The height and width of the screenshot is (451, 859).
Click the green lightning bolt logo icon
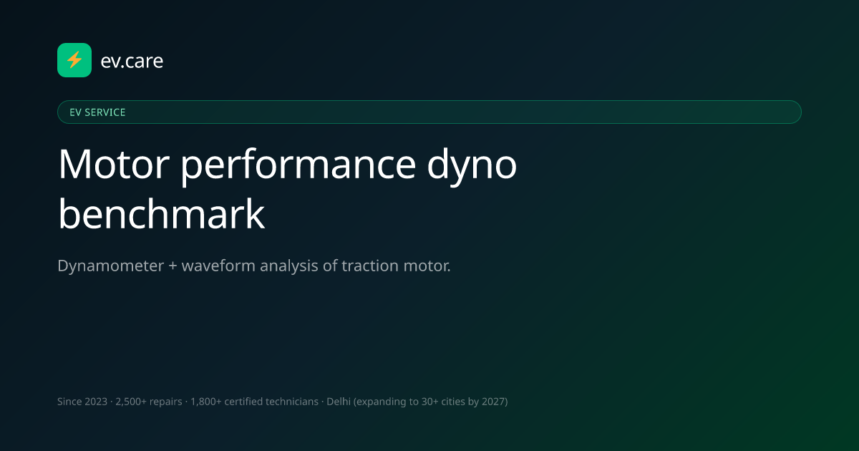click(74, 60)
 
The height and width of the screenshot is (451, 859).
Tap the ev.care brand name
click(132, 61)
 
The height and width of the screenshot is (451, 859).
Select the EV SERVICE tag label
click(97, 112)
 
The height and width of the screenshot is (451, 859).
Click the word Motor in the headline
click(114, 165)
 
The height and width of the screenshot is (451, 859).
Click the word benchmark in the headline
click(162, 213)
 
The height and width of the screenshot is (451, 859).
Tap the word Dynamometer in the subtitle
click(110, 266)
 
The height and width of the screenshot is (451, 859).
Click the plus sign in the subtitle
click(173, 266)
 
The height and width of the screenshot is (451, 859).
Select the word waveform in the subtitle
click(218, 266)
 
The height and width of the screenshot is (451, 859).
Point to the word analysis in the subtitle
click(288, 266)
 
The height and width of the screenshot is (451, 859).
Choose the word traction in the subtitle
click(370, 266)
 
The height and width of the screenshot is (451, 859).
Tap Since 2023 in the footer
click(82, 402)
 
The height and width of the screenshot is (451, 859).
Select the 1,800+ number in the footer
click(206, 402)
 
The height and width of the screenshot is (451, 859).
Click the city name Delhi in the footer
click(339, 402)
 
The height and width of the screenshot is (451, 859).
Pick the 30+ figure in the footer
click(430, 402)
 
